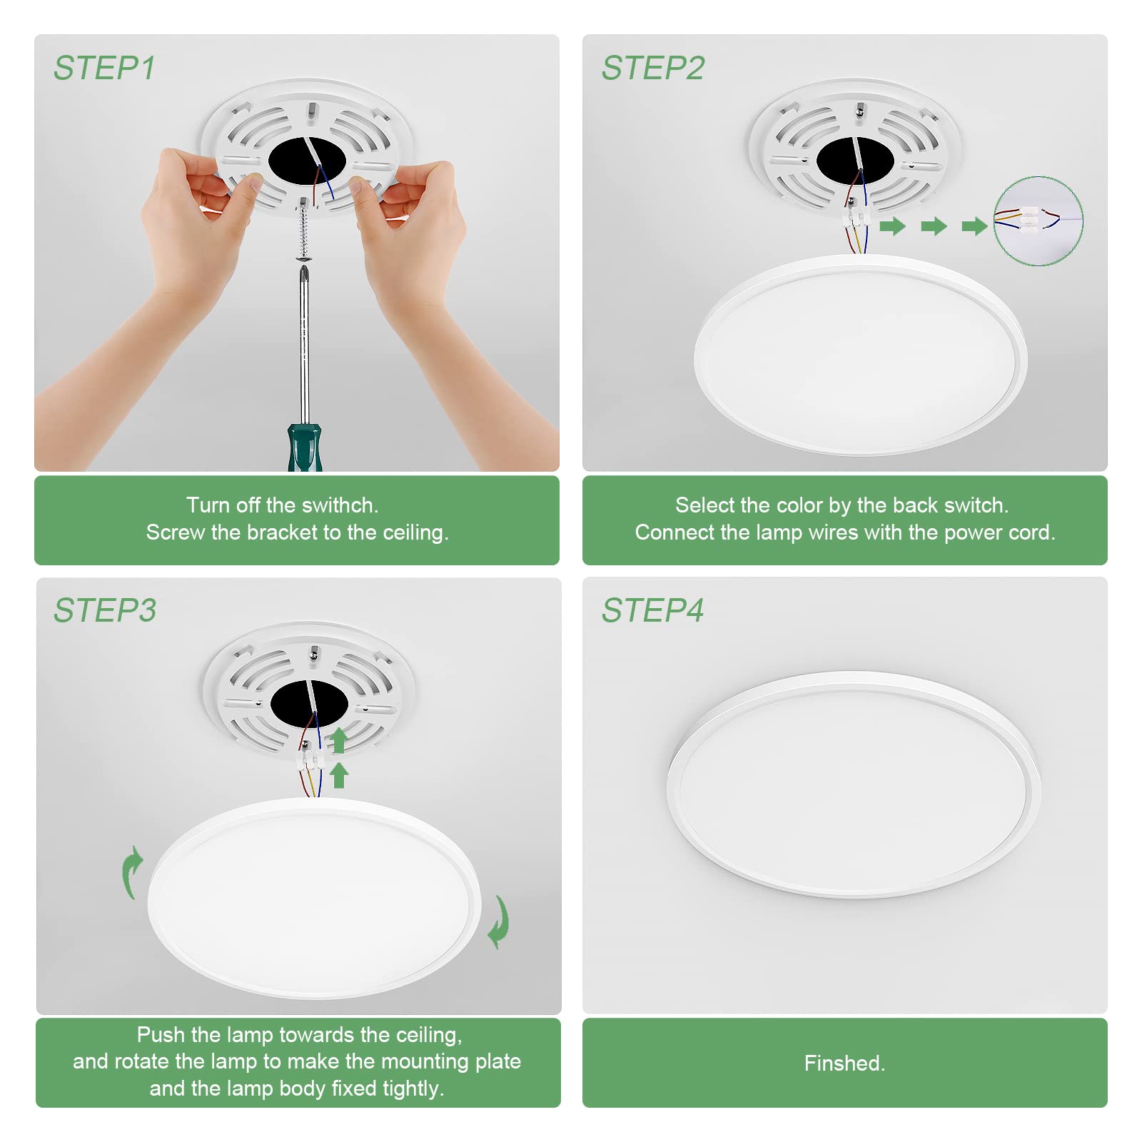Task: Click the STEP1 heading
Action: click(x=104, y=69)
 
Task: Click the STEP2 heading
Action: click(x=652, y=69)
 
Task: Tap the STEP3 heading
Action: click(x=105, y=610)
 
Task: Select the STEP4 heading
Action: click(x=652, y=610)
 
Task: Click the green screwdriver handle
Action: click(x=305, y=448)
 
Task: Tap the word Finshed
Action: click(x=844, y=1063)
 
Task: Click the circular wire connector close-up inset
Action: click(x=1039, y=221)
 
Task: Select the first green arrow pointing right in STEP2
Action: click(x=892, y=227)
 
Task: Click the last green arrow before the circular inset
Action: click(x=974, y=227)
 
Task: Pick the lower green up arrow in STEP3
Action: click(x=340, y=775)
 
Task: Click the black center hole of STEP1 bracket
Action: click(x=307, y=161)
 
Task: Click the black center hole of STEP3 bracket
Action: click(x=309, y=703)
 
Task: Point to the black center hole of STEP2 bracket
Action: click(x=855, y=161)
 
